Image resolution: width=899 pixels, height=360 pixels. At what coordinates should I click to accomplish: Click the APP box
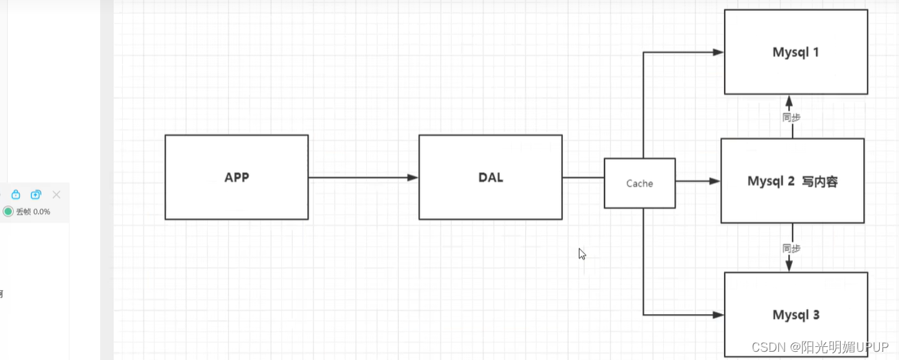click(x=237, y=177)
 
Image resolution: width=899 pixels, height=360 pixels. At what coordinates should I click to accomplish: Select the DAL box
click(x=490, y=177)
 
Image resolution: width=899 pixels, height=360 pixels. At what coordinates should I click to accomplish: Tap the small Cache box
click(x=639, y=183)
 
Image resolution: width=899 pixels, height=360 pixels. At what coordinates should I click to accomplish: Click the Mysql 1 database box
click(x=795, y=52)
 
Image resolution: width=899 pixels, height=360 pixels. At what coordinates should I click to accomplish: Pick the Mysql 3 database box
click(x=795, y=315)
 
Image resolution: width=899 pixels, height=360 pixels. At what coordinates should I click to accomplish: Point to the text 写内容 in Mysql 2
click(x=819, y=182)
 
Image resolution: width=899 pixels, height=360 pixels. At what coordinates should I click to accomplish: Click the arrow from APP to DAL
click(x=363, y=178)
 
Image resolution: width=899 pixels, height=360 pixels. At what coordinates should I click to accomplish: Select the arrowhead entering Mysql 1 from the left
click(x=719, y=52)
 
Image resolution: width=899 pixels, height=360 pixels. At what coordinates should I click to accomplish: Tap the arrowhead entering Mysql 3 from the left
click(x=719, y=315)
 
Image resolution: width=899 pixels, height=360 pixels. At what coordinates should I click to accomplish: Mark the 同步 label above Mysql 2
click(x=791, y=117)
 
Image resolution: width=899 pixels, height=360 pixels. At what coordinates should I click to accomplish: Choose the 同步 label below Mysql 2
click(x=791, y=248)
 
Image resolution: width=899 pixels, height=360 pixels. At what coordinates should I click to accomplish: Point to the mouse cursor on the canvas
click(x=582, y=253)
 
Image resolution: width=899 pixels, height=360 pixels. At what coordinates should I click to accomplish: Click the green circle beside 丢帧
click(x=8, y=211)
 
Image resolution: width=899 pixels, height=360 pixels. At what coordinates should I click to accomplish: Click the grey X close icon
click(x=56, y=195)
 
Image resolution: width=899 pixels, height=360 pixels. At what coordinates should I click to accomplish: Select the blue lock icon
click(x=16, y=195)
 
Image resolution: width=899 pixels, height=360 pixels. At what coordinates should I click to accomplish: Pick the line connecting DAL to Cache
click(x=583, y=178)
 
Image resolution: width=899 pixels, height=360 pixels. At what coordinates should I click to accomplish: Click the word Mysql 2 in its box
click(x=771, y=182)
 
